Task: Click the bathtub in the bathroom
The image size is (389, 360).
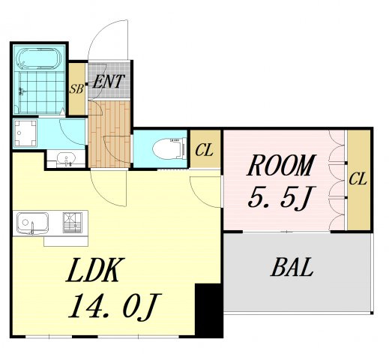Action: click(x=38, y=58)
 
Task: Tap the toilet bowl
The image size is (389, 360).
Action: click(x=169, y=149)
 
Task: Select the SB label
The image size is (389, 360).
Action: click(x=76, y=88)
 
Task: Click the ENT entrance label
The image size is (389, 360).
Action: click(x=109, y=82)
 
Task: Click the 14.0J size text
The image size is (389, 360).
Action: click(x=115, y=307)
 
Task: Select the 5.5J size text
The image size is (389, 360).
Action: click(x=282, y=197)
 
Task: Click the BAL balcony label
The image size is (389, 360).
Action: click(x=292, y=267)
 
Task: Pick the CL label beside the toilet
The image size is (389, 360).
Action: click(x=205, y=150)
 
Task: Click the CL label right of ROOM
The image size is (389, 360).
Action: click(x=358, y=178)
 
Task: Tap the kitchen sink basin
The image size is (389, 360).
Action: click(x=32, y=223)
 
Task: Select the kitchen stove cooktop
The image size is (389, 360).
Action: click(x=73, y=223)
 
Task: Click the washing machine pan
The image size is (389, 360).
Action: click(x=25, y=133)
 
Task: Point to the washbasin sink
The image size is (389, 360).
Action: click(x=66, y=158)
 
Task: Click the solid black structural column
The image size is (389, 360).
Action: click(x=208, y=310)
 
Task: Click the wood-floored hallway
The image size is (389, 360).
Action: click(x=109, y=133)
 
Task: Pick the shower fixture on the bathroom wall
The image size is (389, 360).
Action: click(x=22, y=91)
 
